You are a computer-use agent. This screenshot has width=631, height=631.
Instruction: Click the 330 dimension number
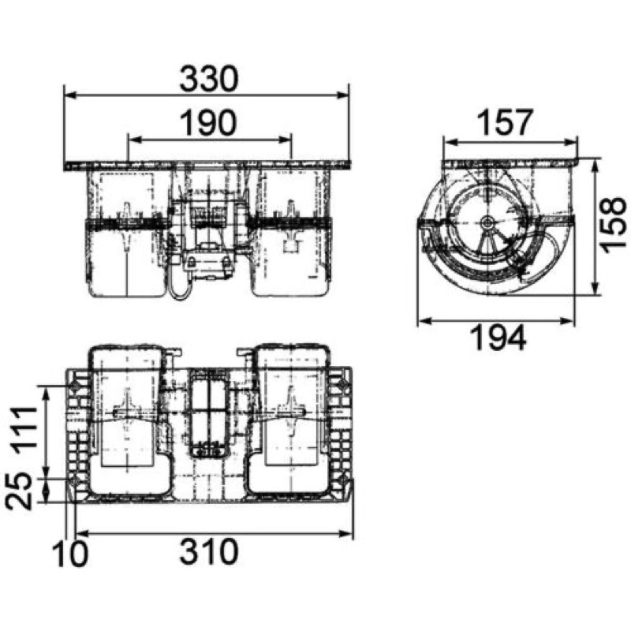(209, 79)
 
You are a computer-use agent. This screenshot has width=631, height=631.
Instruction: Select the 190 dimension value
(208, 123)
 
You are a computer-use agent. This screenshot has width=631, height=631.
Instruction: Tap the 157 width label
(505, 123)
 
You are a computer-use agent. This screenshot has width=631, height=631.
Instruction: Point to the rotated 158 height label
(614, 225)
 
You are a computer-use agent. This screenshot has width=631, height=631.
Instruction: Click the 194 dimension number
(498, 338)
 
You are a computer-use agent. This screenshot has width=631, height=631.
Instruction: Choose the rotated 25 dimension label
(18, 491)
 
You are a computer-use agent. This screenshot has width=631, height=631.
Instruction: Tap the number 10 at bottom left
(70, 554)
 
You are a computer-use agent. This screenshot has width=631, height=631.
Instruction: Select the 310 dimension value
(209, 551)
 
